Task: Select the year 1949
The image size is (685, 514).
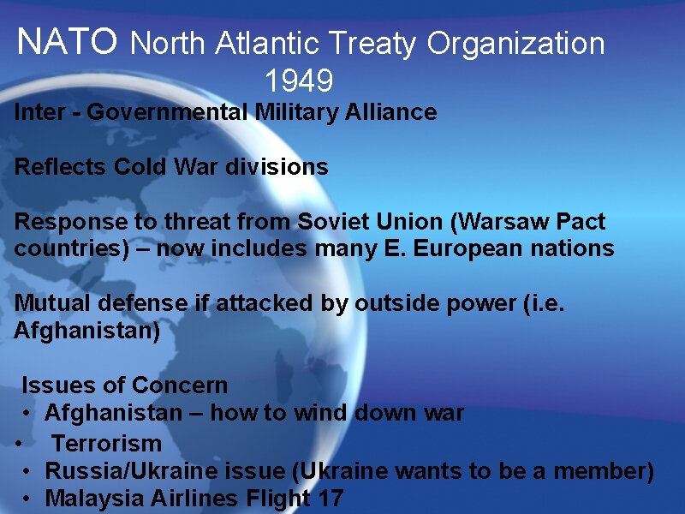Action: coord(298,81)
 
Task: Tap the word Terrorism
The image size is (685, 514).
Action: coord(106,444)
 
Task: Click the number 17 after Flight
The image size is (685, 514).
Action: coord(329,498)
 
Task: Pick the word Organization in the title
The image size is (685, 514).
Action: coord(516,43)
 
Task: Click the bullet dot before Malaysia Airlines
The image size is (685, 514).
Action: coord(28,498)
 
